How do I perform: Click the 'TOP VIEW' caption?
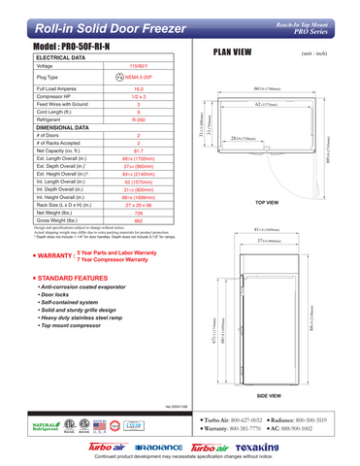point(267,203)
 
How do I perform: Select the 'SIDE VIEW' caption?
point(268,397)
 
